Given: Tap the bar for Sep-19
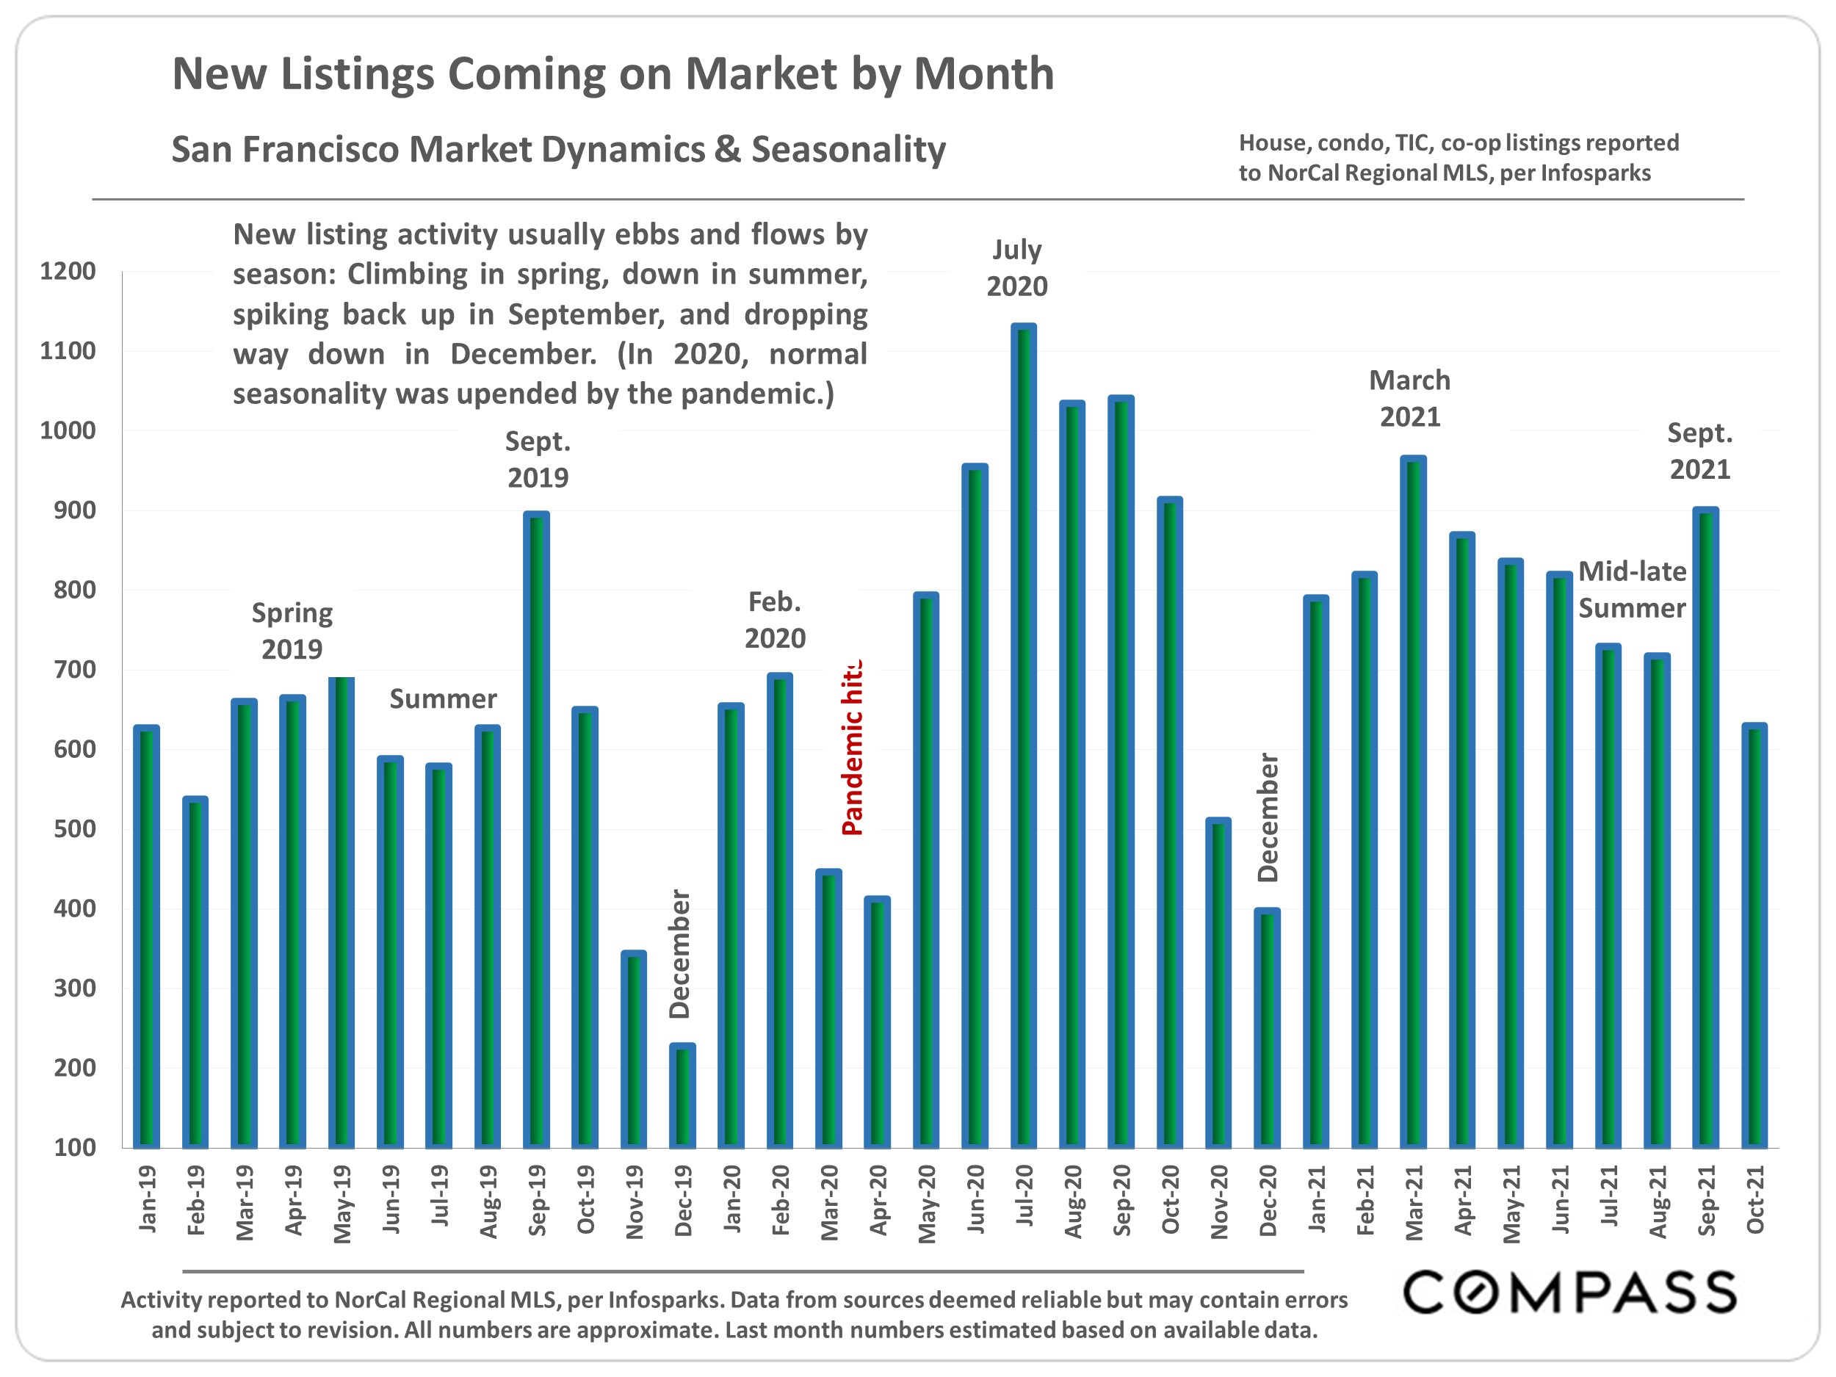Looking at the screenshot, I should coord(536,830).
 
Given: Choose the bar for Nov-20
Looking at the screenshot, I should coord(1218,983).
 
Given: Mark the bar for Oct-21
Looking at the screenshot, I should coord(1754,936).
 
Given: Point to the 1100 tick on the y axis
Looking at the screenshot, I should coord(68,351).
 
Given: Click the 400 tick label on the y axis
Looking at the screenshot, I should coord(74,909).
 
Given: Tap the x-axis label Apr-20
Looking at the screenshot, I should coord(878,1200).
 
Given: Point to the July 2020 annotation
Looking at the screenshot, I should coord(1016,268).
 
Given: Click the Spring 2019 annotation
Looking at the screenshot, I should coord(292,631).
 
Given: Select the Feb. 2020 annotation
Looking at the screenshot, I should coord(774,620).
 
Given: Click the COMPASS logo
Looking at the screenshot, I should coord(1569,1293).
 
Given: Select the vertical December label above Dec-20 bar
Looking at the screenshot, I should coord(1268,817).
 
